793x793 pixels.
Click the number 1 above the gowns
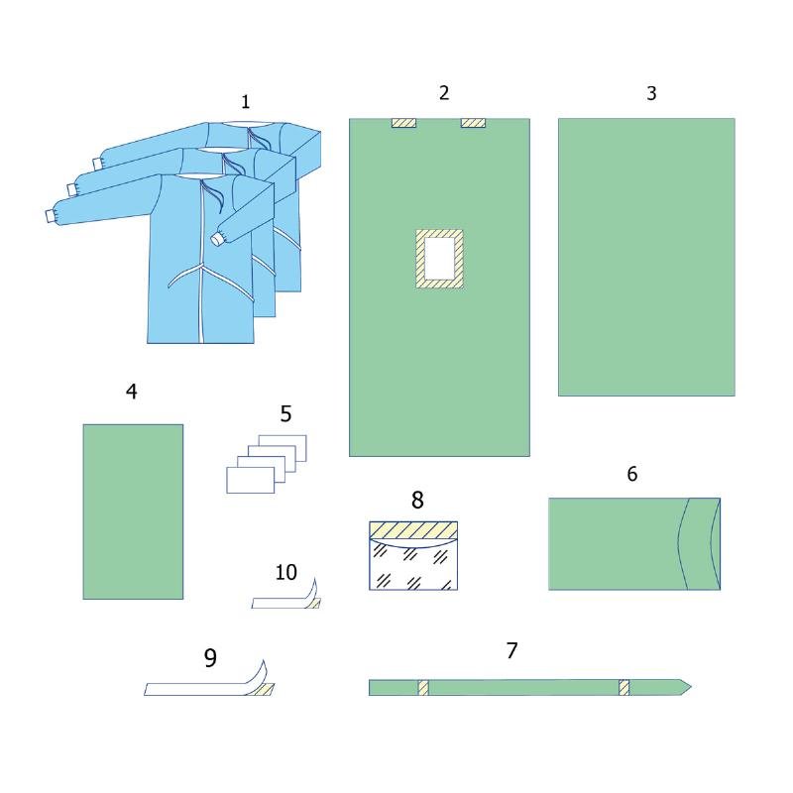coord(245,102)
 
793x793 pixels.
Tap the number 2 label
coord(443,92)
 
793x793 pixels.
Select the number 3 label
coord(651,93)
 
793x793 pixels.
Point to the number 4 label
coord(132,391)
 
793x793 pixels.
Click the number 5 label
coord(285,413)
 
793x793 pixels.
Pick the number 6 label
coord(632,474)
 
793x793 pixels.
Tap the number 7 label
coord(511,650)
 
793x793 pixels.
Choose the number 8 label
coord(417,500)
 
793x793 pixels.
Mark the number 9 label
coord(210,657)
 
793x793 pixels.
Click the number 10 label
coord(285,573)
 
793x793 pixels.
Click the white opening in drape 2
coord(439,259)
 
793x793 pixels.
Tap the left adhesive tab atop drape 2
coord(403,123)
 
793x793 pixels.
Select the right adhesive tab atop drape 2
coord(473,123)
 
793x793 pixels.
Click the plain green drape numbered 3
coord(646,257)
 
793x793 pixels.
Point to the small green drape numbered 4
coord(133,511)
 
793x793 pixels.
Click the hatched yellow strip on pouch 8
coord(413,530)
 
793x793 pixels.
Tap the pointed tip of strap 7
coord(691,687)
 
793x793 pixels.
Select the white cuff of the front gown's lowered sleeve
coord(218,239)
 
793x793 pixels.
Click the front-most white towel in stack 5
coord(251,480)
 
